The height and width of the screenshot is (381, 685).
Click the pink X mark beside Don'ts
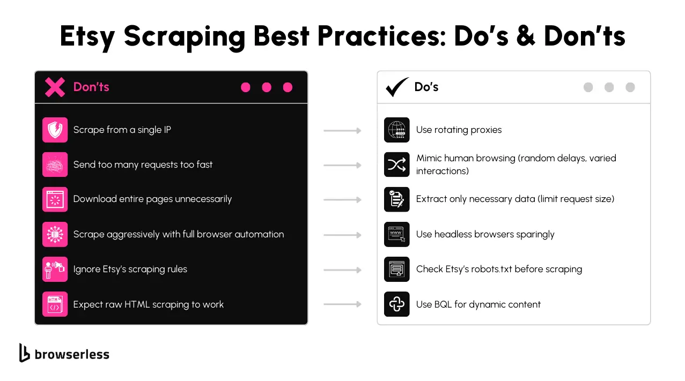pos(55,87)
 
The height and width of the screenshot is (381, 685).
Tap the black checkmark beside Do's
pos(397,87)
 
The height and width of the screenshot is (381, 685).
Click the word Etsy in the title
pos(87,37)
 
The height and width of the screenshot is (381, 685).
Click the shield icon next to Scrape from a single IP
pos(55,130)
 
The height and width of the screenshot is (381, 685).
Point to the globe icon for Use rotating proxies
pos(396,130)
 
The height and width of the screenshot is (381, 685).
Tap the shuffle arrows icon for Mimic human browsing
pos(396,165)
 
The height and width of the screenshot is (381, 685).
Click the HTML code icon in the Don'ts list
pos(55,304)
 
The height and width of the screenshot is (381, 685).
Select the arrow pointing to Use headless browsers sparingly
pos(342,235)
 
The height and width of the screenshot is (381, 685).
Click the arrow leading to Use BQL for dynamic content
pos(342,304)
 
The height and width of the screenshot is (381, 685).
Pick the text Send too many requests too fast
pos(143,165)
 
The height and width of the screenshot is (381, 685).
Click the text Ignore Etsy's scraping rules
pos(130,269)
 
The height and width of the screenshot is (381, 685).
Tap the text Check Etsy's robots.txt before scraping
pos(499,269)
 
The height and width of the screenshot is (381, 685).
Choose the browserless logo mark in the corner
pos(24,353)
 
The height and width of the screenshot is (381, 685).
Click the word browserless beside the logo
pos(72,354)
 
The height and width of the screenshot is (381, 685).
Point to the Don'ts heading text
pos(91,87)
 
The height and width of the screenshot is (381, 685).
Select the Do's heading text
pos(426,87)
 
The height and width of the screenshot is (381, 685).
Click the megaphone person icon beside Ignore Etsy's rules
pos(55,269)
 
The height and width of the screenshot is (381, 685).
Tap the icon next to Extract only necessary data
pos(396,199)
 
